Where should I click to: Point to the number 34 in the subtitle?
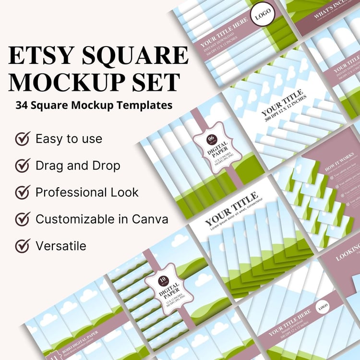[21, 105]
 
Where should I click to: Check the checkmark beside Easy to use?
[22, 139]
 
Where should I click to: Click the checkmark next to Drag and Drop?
[22, 166]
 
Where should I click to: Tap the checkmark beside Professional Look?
[22, 192]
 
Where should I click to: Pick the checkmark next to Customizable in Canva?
[22, 219]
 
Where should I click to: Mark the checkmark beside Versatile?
[22, 246]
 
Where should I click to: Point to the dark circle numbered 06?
[210, 139]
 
